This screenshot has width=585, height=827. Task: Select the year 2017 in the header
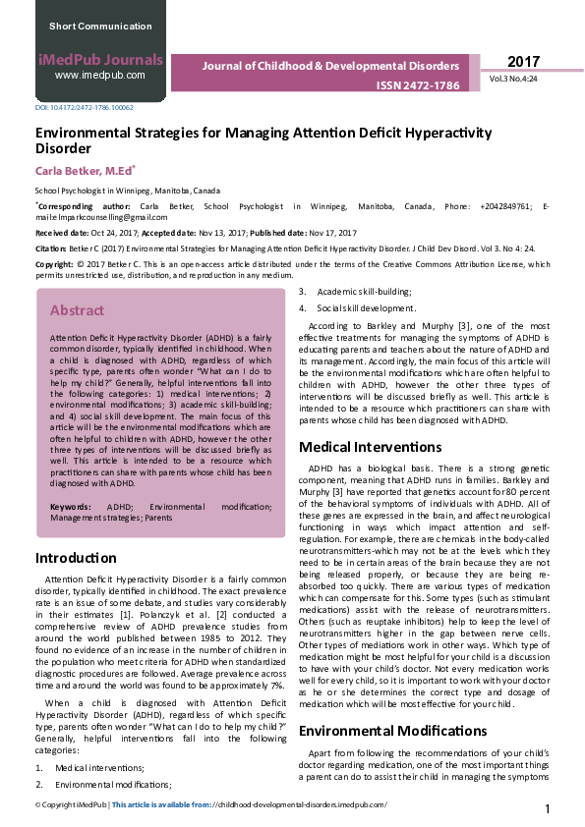pos(523,62)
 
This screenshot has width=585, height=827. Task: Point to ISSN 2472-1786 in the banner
pos(418,85)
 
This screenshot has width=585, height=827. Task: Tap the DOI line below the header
pos(85,107)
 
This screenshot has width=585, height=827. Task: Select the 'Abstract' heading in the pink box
pos(77,310)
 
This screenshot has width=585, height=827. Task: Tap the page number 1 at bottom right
pos(547,808)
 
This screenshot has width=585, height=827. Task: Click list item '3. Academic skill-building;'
pos(362,292)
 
